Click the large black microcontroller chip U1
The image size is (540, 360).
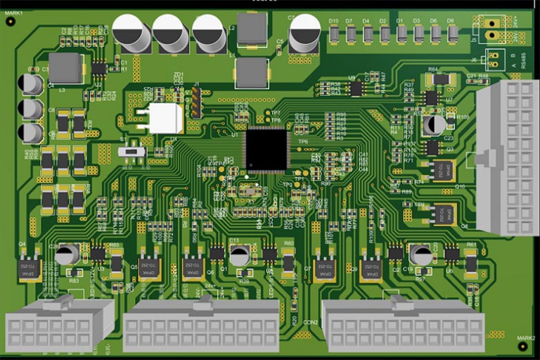click(x=266, y=149)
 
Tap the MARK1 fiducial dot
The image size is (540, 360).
click(x=11, y=22)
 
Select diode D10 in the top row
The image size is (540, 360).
click(x=334, y=33)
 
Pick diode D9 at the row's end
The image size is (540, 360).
click(x=452, y=33)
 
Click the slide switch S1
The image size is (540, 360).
click(x=131, y=151)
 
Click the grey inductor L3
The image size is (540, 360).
click(x=66, y=67)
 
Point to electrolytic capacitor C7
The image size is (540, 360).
click(x=305, y=33)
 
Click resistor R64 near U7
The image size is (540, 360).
click(x=441, y=79)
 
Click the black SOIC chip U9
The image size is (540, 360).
click(x=356, y=89)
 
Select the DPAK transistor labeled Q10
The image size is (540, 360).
click(x=443, y=171)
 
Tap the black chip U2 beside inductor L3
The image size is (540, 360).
click(x=99, y=68)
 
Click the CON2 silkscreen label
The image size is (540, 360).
click(x=311, y=322)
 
